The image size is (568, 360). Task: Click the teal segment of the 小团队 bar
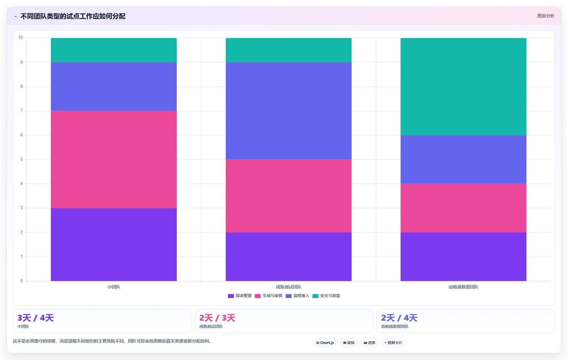click(x=114, y=50)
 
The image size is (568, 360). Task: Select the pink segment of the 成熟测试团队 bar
click(x=289, y=196)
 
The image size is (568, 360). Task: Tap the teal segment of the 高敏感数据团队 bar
click(x=463, y=87)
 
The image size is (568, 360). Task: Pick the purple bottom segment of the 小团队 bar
click(x=114, y=245)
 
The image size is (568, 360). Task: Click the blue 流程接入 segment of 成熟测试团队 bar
click(x=289, y=111)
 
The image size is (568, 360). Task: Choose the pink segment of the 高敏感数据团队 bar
click(x=463, y=208)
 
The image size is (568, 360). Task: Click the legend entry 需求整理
click(x=240, y=296)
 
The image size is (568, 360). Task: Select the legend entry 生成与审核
click(x=269, y=296)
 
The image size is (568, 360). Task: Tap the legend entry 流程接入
click(x=297, y=296)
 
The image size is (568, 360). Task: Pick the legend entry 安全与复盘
click(x=326, y=296)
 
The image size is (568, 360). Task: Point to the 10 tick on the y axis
click(x=21, y=38)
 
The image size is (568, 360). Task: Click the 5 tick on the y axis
click(x=22, y=159)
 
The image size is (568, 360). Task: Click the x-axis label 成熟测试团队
click(x=289, y=287)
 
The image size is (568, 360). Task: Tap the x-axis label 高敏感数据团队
click(x=463, y=287)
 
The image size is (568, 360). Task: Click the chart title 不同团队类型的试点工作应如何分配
click(x=73, y=16)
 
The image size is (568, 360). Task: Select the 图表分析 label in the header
click(x=546, y=16)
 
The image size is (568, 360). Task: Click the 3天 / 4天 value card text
click(x=35, y=318)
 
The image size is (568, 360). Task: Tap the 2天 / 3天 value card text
click(x=217, y=318)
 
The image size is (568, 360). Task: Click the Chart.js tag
click(x=325, y=343)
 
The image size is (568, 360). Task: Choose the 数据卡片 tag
click(x=393, y=343)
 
